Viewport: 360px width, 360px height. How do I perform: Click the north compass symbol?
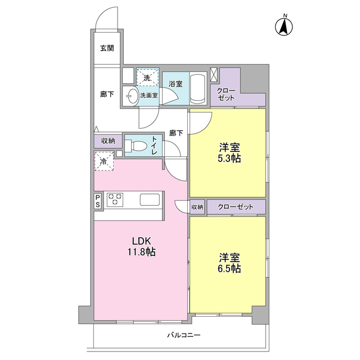pos(284,26)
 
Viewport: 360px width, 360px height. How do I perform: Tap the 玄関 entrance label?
pos(107,48)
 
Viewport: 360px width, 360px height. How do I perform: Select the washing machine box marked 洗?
pos(147,77)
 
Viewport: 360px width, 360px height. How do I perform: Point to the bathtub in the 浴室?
pos(197,88)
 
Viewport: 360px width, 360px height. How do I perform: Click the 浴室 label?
pos(175,84)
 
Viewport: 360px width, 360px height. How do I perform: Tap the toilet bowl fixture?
pos(136,146)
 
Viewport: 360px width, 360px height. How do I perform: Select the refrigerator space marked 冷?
pos(104,161)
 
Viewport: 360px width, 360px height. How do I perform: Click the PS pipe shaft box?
pos(98,201)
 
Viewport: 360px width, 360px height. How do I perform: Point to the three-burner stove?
pos(114,200)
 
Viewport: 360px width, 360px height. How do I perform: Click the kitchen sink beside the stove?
pos(150,200)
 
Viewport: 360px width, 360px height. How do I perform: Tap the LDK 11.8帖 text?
pos(142,246)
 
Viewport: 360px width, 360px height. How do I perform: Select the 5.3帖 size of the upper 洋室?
pos(229,159)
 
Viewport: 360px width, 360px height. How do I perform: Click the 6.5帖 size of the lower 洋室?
pos(229,268)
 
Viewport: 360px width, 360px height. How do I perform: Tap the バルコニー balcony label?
pos(184,335)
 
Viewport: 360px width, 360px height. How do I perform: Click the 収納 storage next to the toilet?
pos(108,141)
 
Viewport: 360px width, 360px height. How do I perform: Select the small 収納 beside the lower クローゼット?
pos(197,207)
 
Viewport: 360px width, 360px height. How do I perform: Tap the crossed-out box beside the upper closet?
pos(214,75)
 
